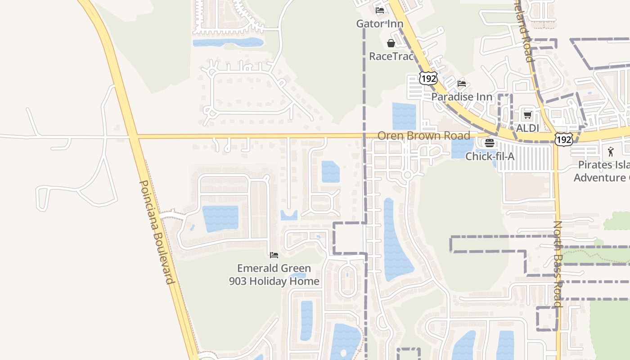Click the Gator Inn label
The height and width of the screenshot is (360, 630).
coord(379,23)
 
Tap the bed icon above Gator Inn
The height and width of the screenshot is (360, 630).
coord(380,10)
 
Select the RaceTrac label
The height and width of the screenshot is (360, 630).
coord(391,56)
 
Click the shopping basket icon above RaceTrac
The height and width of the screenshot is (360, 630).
coord(391,43)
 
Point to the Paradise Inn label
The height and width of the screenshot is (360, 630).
coord(462,97)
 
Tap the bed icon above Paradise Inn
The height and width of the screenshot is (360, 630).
coord(462,84)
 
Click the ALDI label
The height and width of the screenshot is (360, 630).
coord(527,128)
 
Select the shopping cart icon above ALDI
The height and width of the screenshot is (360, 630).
coord(528,115)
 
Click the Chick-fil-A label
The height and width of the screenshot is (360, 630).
coord(490,157)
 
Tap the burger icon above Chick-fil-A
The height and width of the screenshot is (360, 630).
coord(490,143)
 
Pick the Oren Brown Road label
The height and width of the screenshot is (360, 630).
coord(423,135)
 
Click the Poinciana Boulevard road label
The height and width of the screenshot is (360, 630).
coord(157,232)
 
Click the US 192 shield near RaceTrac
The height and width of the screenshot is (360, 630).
coord(428,78)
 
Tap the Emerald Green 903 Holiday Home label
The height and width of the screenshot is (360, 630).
coord(274,274)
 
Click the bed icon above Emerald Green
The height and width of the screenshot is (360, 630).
coord(274,255)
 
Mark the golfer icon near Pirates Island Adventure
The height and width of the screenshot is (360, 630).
coord(611,152)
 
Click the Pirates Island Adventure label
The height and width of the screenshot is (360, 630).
coord(602,171)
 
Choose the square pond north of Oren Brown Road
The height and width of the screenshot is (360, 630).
coord(404,116)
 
